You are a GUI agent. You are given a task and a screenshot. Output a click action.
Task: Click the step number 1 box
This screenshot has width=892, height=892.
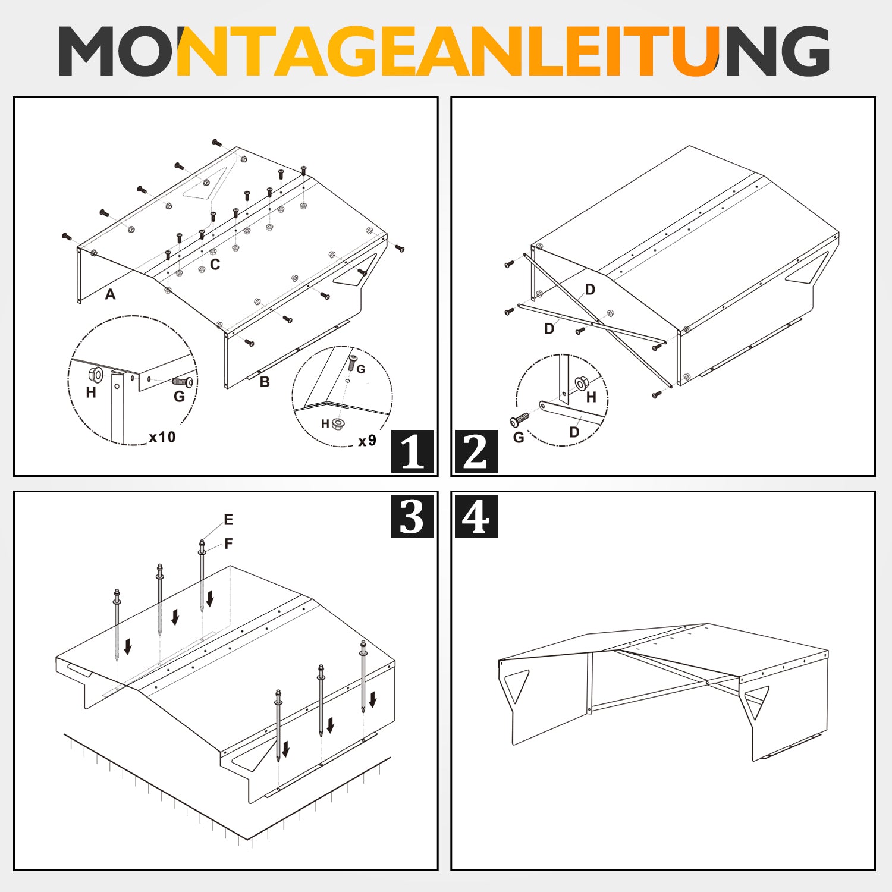pos(412,451)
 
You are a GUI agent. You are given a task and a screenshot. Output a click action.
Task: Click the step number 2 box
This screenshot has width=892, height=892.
pos(476,451)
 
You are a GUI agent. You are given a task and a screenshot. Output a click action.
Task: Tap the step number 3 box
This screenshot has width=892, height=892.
pos(412,516)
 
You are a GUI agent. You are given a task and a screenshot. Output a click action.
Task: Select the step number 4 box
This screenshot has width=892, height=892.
pos(476,516)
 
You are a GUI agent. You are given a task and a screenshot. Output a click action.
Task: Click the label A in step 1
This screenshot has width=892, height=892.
pos(110,294)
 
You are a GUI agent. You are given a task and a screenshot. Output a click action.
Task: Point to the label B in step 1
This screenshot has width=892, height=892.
pos(265,382)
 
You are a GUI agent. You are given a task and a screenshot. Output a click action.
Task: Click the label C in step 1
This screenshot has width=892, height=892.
pos(215,265)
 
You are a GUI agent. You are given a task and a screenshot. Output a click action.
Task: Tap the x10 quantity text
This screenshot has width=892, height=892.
pos(162,437)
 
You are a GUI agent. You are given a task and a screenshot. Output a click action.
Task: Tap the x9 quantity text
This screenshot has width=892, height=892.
pos(367,441)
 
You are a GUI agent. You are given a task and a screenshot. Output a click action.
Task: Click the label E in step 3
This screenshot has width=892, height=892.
pos(228,520)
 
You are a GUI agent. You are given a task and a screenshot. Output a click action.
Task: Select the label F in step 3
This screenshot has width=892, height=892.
pos(228,544)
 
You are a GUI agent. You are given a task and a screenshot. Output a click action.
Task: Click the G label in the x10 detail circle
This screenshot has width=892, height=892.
pos(179,396)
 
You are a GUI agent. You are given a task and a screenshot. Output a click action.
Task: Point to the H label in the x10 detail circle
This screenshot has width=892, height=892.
pos(91,392)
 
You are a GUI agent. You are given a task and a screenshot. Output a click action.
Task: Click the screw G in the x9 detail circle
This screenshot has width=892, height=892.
pos(352,362)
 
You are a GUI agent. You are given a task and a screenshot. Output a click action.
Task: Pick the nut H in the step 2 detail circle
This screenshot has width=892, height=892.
pos(581,384)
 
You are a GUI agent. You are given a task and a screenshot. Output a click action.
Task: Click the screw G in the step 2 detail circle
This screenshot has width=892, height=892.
pos(520,420)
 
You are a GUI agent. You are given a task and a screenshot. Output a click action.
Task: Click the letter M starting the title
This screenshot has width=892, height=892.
pos(87,51)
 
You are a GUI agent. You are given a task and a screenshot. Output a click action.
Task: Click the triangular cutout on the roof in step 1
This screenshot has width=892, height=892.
pos(205,183)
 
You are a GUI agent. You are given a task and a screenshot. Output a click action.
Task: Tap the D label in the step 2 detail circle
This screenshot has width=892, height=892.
pos(574,432)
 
